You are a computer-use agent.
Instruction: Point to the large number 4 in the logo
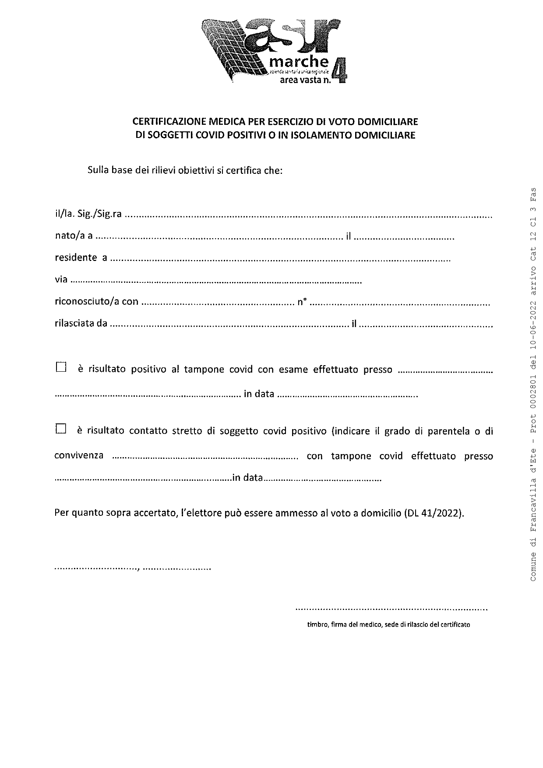[x=338, y=70]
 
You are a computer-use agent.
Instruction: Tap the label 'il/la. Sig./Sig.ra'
[x=88, y=214]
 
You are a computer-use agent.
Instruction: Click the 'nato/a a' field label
[x=74, y=236]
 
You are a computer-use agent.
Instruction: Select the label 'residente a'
[x=81, y=257]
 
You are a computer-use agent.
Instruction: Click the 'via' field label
[x=61, y=279]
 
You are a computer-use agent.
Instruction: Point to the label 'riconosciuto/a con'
[x=96, y=301]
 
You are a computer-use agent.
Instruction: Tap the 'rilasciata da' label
[x=81, y=324]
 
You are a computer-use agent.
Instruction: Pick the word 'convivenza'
[x=79, y=455]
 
